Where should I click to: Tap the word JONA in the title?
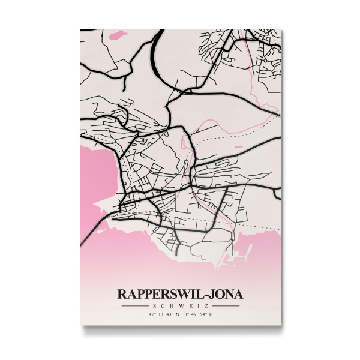pos(227,295)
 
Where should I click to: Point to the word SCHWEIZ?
pos(180,305)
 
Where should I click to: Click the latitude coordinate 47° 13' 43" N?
pos(161,314)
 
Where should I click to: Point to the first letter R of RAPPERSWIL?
pos(122,295)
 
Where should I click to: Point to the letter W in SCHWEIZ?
pos(180,305)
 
